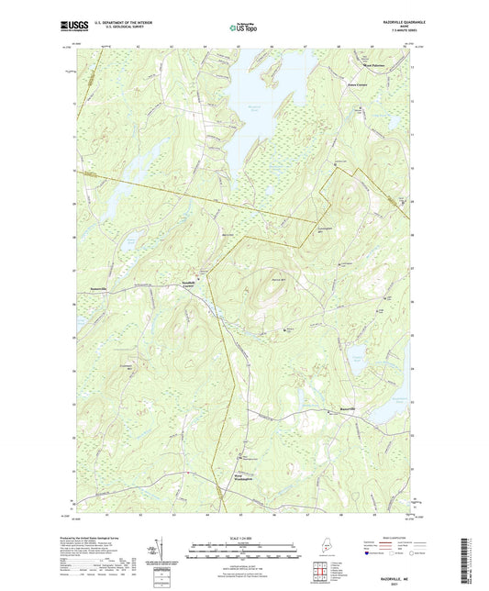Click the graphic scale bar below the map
pos(243,552)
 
